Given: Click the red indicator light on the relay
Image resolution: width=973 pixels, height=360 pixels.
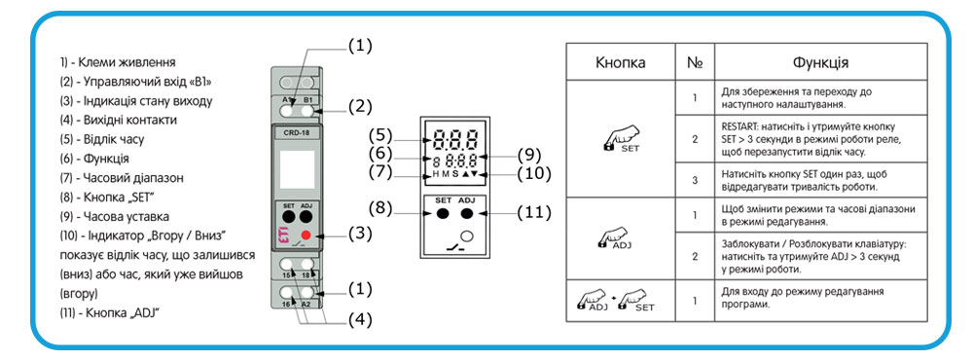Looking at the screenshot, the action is [305, 234].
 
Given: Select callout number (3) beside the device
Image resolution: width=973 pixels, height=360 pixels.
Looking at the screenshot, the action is [359, 234].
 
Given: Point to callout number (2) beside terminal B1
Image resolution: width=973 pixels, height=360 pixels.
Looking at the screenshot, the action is [359, 105].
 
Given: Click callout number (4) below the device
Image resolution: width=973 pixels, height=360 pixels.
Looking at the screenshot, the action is [359, 320].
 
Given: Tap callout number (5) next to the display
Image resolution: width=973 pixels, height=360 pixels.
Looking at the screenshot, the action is [381, 134].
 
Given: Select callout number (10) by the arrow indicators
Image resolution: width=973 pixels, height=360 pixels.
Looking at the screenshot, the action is [533, 172].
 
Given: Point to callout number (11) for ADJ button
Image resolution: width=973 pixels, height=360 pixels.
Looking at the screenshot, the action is [533, 213].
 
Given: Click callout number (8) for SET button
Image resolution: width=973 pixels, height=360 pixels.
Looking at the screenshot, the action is [381, 209].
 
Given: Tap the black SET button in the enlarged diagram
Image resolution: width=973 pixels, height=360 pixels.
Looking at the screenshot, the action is [443, 213].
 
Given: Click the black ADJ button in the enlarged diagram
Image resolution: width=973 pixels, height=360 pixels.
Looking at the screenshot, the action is [467, 213].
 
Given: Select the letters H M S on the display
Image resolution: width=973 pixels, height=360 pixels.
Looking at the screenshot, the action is [445, 174].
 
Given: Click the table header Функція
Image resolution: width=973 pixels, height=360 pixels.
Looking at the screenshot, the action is [820, 62].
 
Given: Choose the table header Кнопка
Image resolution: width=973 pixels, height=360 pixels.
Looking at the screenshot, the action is [620, 62].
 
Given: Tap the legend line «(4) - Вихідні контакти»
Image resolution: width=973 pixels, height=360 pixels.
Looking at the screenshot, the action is [119, 120].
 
